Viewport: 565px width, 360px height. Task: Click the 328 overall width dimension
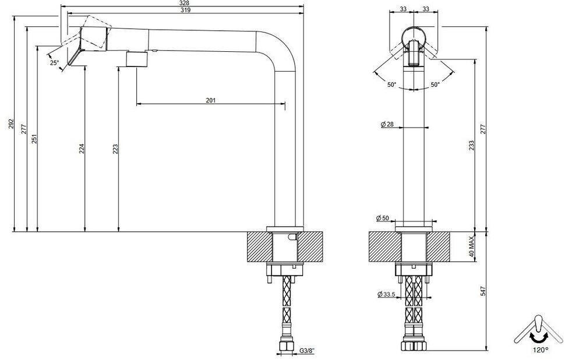click(x=185, y=3)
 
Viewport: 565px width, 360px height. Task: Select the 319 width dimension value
click(x=185, y=10)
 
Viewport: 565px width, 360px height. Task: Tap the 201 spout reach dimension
click(x=211, y=100)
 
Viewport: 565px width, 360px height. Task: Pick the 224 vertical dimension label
click(x=82, y=149)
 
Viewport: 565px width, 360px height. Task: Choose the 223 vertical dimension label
click(x=115, y=149)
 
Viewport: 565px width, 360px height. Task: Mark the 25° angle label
click(x=54, y=62)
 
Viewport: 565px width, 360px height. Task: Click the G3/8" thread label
click(x=306, y=350)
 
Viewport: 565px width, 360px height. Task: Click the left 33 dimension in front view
click(x=403, y=9)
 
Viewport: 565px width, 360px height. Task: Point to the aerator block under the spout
click(x=137, y=59)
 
